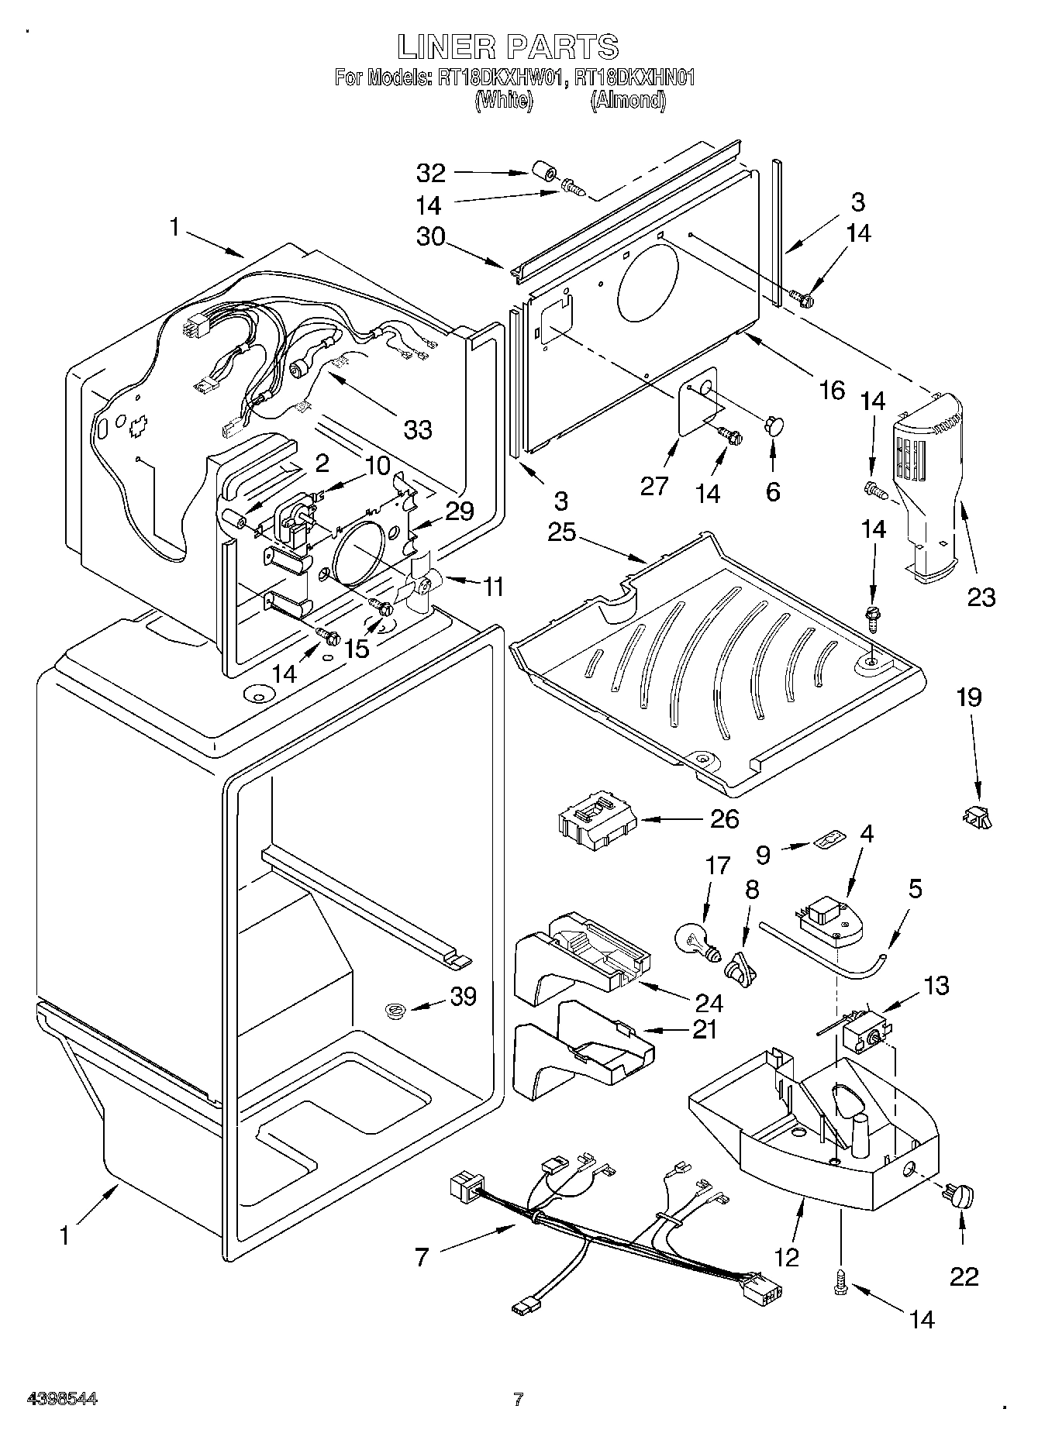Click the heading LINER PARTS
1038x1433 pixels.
(x=509, y=47)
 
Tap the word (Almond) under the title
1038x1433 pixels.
(x=628, y=100)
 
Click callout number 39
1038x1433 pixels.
(x=464, y=997)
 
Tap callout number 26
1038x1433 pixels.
(x=724, y=818)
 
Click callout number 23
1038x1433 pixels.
(x=980, y=597)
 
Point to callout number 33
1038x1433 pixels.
(x=417, y=429)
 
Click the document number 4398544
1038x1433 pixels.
(x=62, y=1400)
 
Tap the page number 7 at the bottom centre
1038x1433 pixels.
(x=519, y=1400)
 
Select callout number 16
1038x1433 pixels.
(x=832, y=391)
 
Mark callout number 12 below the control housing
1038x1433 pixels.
(x=786, y=1257)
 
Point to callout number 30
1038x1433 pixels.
(x=431, y=236)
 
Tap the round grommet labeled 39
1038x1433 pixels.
(x=396, y=1011)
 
